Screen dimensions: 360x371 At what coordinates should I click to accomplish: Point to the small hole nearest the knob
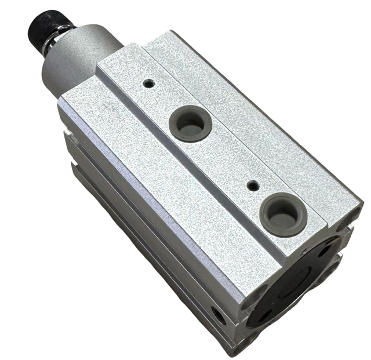tap(149, 83)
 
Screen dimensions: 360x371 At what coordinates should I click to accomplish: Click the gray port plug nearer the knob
tap(190, 122)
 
